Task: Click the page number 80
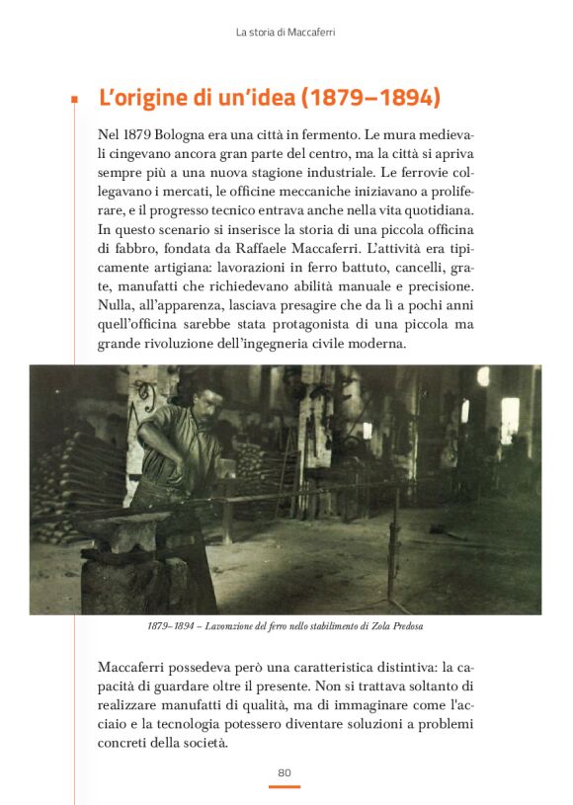(285, 771)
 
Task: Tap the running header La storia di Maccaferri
(286, 33)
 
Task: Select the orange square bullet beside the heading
(74, 100)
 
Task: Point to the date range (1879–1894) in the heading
(369, 99)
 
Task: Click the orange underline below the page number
(285, 786)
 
